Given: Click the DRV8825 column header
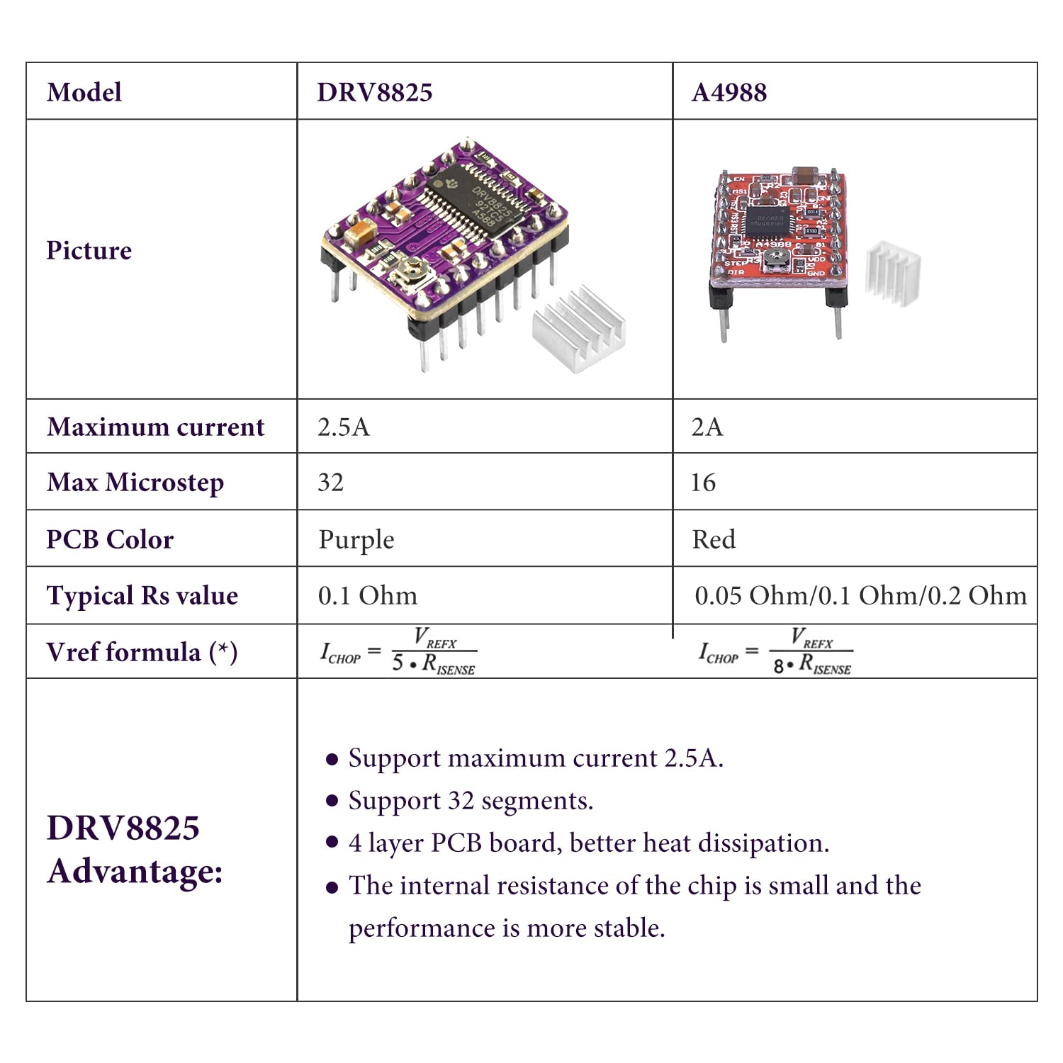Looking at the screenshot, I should point(374,93).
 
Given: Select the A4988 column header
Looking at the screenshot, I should point(729,93).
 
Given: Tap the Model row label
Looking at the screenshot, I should point(84,93).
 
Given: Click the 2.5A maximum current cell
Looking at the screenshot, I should point(344,427).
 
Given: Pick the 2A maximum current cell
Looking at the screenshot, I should point(707,427).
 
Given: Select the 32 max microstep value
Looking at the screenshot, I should point(331,483).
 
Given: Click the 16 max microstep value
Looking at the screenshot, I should point(703,483).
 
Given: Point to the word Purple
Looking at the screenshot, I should point(356,540).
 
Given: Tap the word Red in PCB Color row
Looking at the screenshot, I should point(714,540).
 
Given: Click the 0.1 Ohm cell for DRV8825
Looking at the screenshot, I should point(368,596).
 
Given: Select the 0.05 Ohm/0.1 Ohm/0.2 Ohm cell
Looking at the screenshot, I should point(860,596).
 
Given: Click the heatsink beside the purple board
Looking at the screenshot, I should point(578,330).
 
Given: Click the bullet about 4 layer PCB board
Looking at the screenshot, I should point(588,843).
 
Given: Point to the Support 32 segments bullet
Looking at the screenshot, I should point(471,801).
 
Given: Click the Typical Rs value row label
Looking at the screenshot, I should point(142,596).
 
